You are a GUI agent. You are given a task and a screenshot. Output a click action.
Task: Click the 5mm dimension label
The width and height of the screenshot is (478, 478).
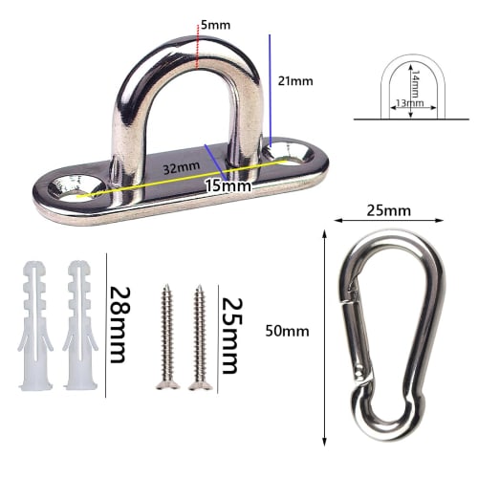(217, 24)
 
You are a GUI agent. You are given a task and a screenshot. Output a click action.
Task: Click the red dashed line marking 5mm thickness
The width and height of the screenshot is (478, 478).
(197, 49)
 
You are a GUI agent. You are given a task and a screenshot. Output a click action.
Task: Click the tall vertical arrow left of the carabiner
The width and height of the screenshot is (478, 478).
(326, 330)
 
